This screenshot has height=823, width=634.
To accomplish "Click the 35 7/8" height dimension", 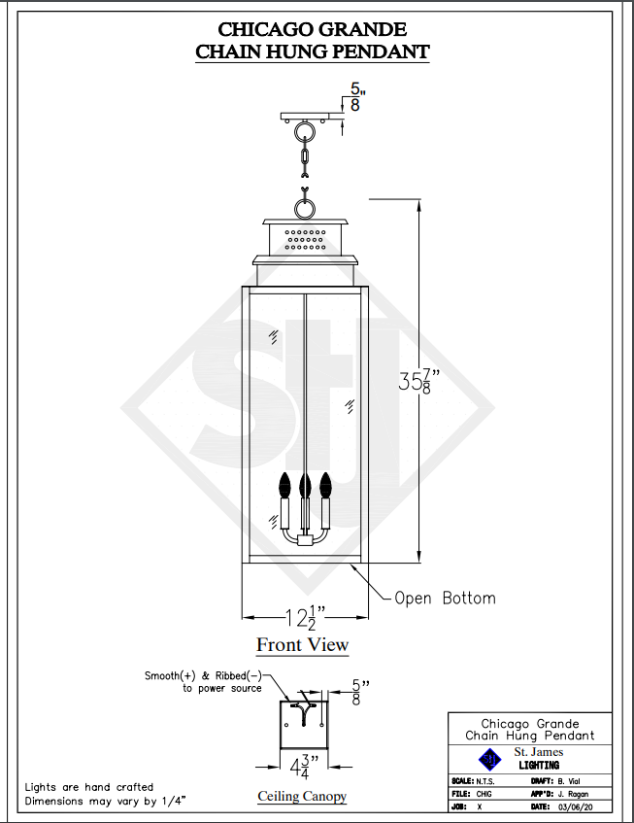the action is point(418,381).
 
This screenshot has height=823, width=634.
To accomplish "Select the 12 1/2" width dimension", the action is point(305,617).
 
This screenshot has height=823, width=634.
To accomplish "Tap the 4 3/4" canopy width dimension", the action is point(305,767).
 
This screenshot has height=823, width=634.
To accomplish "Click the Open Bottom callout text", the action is point(445,598).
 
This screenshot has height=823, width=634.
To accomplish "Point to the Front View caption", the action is point(303,644).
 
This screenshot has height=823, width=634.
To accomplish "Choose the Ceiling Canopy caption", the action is point(302,796).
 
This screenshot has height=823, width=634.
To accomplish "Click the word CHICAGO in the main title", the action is point(264,29).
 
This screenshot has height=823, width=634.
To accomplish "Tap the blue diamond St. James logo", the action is point(489,759).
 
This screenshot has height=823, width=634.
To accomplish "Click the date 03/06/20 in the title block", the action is point(576,807).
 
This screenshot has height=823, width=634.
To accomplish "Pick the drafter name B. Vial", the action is point(569,781).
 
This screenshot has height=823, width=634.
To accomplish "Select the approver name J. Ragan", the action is point(573,794).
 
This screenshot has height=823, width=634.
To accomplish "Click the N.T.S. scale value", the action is point(485,781).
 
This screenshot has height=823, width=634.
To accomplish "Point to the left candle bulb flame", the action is point(284,484).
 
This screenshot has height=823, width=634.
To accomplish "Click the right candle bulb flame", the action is point(325,484).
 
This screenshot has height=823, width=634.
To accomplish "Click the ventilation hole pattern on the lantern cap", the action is point(305,239).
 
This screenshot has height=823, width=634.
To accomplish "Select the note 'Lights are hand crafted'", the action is point(89,787).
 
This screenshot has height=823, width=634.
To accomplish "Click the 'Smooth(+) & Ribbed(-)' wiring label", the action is point(203,676).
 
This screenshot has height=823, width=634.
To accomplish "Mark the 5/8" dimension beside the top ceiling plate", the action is point(356,97).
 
